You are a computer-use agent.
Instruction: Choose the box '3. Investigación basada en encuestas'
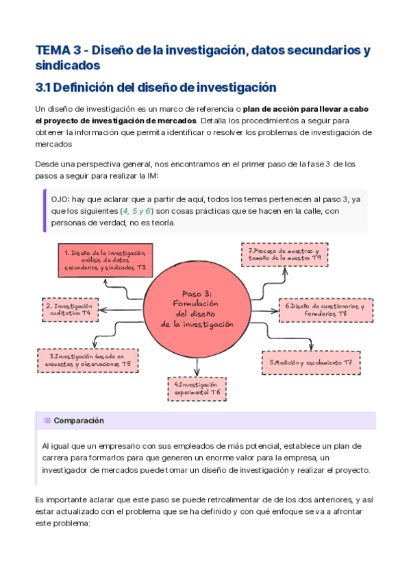88,360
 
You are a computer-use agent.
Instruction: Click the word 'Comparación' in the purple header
79,421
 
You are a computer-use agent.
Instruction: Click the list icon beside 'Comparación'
47,421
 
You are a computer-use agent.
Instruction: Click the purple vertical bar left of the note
45,210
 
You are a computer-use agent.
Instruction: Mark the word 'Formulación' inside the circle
197,303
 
